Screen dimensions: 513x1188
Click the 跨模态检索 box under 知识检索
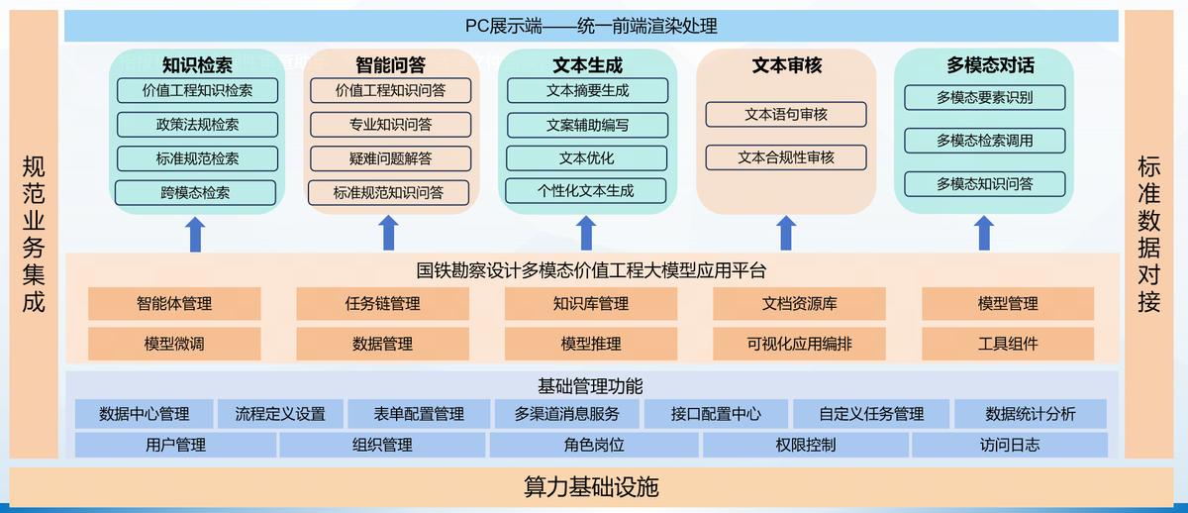(x=195, y=192)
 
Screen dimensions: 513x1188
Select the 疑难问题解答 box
(x=389, y=157)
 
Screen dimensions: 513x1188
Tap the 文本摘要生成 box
(x=587, y=90)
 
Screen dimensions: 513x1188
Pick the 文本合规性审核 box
(x=786, y=156)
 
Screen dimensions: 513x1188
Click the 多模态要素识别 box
(x=984, y=97)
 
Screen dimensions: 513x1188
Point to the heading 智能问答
(x=390, y=65)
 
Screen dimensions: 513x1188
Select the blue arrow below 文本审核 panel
(x=786, y=234)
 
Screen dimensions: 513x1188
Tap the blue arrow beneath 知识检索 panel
(x=195, y=234)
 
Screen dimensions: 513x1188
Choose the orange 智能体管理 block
(x=174, y=303)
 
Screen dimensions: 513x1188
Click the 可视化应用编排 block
(x=799, y=344)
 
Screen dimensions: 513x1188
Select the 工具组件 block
(x=1008, y=344)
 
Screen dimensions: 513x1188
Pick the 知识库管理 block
(x=591, y=303)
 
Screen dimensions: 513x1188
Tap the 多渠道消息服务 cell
(x=567, y=414)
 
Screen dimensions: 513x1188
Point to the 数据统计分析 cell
(x=1030, y=414)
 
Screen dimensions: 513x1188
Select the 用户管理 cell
(x=175, y=445)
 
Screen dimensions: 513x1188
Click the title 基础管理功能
(x=591, y=386)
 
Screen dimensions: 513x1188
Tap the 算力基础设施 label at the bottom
(x=591, y=487)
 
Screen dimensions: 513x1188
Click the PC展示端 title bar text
(x=591, y=26)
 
